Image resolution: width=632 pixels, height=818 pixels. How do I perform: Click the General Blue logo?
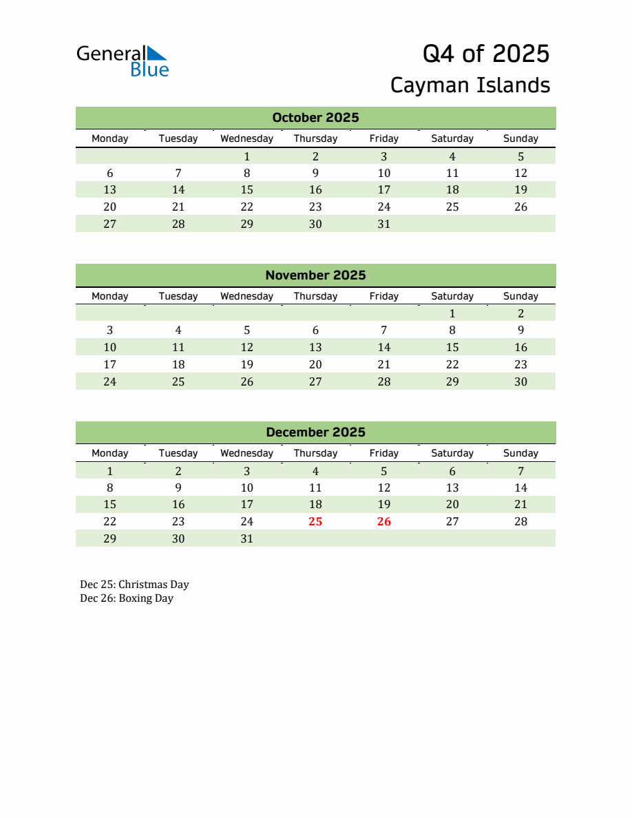[123, 61]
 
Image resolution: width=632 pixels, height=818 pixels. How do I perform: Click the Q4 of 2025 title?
[485, 54]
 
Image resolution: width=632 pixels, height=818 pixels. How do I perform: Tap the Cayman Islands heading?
[470, 85]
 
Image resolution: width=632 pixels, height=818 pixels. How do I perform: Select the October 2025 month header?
[315, 118]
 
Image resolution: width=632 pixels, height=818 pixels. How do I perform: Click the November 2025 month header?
[315, 275]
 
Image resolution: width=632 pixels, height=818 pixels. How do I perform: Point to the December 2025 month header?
[315, 432]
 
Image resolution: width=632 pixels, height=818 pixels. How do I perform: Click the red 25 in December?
[315, 522]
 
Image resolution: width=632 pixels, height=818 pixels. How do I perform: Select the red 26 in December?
[383, 522]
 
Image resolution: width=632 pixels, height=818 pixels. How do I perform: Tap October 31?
[383, 224]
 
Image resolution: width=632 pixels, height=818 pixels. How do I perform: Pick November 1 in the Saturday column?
[452, 313]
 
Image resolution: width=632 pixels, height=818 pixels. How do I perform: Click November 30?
[520, 381]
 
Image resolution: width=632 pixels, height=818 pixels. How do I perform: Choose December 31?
[246, 539]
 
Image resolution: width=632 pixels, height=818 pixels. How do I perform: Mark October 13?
[109, 190]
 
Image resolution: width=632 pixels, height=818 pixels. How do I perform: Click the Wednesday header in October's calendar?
[246, 138]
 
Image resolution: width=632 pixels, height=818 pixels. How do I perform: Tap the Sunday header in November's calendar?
[520, 296]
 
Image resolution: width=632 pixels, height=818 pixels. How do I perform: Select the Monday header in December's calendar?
[109, 453]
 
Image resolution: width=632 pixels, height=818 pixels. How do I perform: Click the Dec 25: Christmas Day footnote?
[134, 585]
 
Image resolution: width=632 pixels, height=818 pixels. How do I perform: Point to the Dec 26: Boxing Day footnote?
[127, 598]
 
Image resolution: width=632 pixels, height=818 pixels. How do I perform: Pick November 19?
[246, 365]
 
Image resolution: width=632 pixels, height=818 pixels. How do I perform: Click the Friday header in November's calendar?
[383, 296]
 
